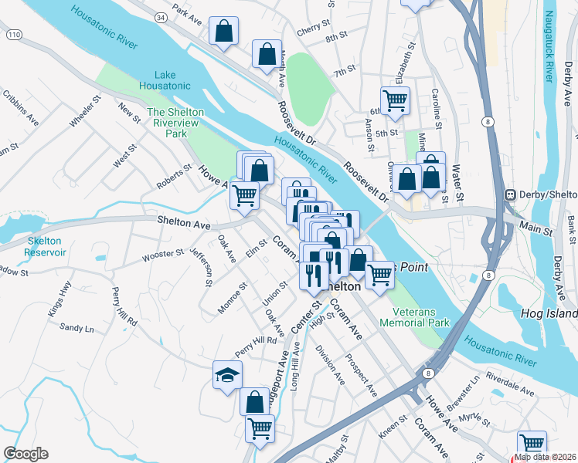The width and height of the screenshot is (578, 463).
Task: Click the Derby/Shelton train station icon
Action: pos(510,194)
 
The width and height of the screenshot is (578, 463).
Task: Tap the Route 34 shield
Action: pos(160,16)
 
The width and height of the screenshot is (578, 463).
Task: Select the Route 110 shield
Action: pos(13,35)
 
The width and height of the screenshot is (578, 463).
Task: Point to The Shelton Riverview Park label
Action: pos(176,123)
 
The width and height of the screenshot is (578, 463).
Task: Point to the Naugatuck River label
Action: pos(549,47)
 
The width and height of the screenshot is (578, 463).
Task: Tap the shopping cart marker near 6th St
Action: pos(395,100)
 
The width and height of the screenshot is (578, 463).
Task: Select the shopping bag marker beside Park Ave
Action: pos(223,32)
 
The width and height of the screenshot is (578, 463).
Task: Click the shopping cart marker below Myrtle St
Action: pos(532,443)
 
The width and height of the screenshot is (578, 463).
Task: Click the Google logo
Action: pos(25,454)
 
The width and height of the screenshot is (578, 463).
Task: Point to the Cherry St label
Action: pos(312,33)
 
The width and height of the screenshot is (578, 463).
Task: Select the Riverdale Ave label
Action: pos(511,387)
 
